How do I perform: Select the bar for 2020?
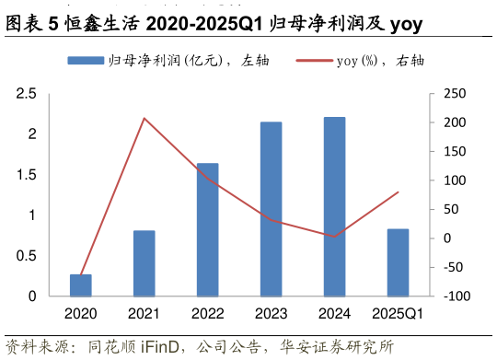point(81,285)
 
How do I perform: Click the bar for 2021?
point(144,263)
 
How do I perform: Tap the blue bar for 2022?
point(208,230)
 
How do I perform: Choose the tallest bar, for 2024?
point(335,207)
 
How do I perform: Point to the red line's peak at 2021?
point(144,118)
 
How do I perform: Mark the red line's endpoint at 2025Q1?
point(398,192)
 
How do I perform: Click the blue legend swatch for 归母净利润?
point(86,61)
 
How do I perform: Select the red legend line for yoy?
point(314,61)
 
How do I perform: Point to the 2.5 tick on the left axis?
point(26,94)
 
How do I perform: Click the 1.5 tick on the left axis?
point(26,175)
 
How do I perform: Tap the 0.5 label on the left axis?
point(26,256)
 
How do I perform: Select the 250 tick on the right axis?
point(455,94)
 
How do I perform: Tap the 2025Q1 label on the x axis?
point(398,314)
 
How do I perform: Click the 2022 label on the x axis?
point(208,314)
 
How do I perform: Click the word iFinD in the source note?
point(164,347)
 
